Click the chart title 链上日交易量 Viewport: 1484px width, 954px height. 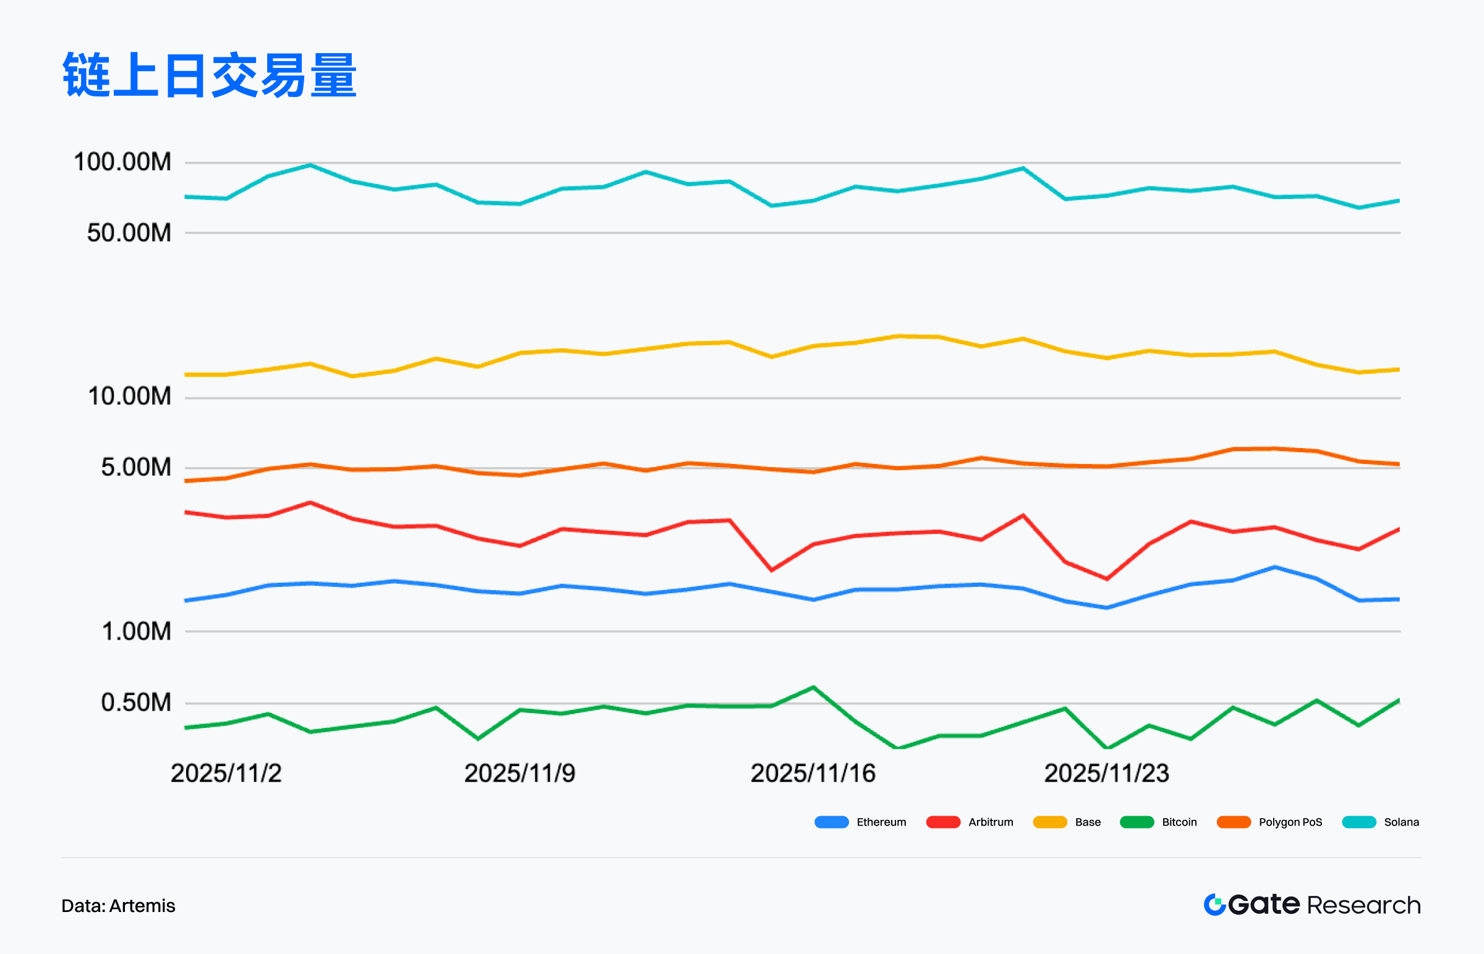[x=210, y=75]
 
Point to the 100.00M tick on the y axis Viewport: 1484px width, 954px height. [x=122, y=163]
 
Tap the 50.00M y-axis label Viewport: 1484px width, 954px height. [x=129, y=233]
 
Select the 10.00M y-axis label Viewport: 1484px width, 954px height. [x=129, y=397]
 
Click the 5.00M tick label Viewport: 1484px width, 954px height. [x=136, y=467]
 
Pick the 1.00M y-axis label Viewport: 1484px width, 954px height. [x=136, y=631]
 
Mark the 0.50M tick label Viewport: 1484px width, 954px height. [x=136, y=703]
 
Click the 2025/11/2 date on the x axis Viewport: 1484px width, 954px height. [x=226, y=773]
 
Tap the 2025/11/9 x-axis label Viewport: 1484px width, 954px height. [x=519, y=773]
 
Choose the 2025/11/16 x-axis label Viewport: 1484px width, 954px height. [x=812, y=773]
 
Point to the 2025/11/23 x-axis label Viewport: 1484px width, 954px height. [x=1106, y=773]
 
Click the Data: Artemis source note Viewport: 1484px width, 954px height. [x=118, y=906]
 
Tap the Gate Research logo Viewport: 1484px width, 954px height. [x=1311, y=905]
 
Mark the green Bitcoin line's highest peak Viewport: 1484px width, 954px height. [x=812, y=687]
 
